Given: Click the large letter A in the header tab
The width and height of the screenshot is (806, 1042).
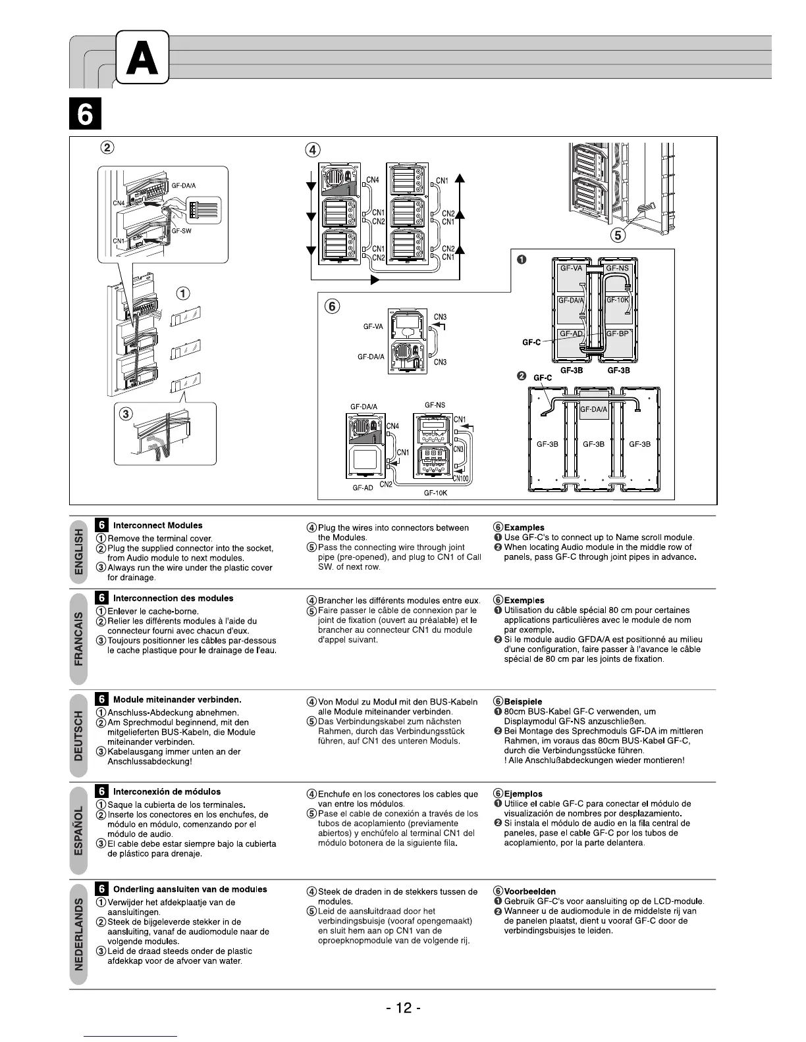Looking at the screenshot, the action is tap(142, 57).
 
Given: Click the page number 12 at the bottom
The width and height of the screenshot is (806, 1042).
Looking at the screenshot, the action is tap(403, 1007).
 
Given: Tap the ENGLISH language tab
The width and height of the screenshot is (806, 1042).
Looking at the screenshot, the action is tap(79, 554).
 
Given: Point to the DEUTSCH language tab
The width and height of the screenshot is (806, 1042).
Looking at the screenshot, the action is tap(79, 735).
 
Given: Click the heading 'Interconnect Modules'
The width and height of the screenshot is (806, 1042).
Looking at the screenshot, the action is tap(157, 526).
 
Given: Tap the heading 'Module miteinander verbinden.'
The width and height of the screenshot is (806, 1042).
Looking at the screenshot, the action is tap(177, 699).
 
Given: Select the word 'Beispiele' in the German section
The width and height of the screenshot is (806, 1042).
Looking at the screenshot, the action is tap(523, 702).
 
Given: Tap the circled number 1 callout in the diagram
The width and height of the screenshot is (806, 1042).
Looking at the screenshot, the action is tap(183, 293).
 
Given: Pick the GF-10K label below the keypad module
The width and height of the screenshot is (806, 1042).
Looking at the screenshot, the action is tap(435, 493).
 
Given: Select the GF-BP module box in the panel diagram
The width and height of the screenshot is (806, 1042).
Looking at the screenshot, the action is tap(617, 334).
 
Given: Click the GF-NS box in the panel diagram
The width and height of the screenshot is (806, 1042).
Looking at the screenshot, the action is tap(617, 268).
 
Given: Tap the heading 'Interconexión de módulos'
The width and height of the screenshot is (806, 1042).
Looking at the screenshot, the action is tap(167, 792).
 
